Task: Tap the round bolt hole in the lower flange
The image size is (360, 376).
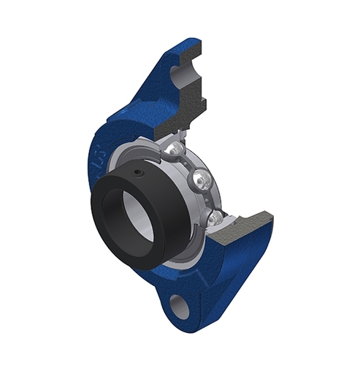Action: [180, 305]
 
